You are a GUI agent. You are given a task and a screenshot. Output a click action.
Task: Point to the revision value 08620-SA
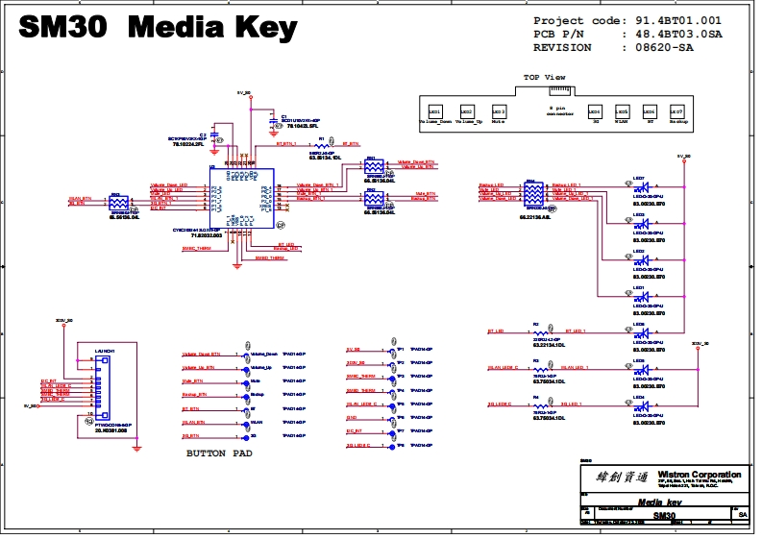pyautogui.click(x=672, y=47)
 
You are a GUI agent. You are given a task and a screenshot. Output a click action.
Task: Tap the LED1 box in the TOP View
pyautogui.click(x=434, y=111)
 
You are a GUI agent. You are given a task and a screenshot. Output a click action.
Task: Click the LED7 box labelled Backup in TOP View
pyautogui.click(x=676, y=111)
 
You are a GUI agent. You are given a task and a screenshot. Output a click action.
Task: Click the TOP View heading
pyautogui.click(x=544, y=77)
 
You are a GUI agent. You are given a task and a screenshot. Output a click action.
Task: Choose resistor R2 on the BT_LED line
pyautogui.click(x=541, y=332)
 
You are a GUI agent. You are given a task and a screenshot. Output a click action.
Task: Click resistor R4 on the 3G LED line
pyautogui.click(x=541, y=405)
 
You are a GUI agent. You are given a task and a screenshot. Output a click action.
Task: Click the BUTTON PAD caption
pyautogui.click(x=220, y=453)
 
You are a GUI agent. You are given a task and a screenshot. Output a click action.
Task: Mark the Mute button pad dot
pyautogui.click(x=245, y=381)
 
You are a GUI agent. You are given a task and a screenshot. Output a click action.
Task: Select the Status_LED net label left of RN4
pyautogui.click(x=492, y=185)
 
